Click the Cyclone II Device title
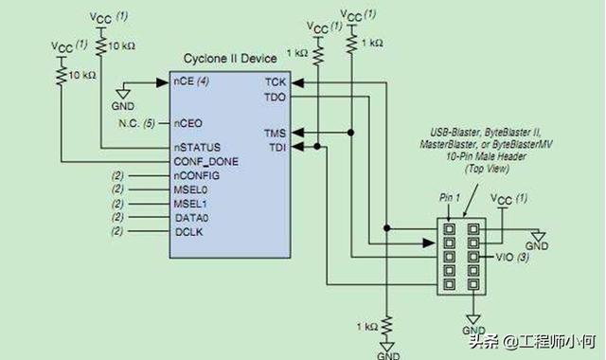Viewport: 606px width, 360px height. (229, 60)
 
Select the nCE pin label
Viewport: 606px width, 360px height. (184, 81)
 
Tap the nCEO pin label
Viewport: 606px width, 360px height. (187, 122)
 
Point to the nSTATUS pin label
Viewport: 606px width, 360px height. (197, 148)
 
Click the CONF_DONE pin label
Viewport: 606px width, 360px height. (205, 161)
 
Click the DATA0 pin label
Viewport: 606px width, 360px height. (191, 217)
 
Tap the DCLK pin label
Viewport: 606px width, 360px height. (188, 230)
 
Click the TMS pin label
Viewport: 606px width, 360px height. (275, 133)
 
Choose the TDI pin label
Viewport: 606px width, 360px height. (276, 147)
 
